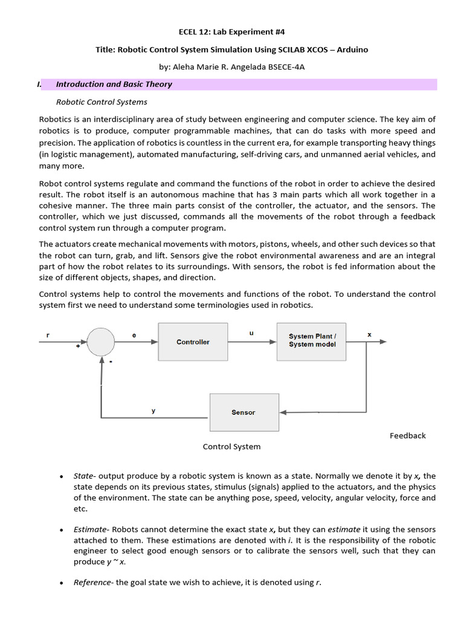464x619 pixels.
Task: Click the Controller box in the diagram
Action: pos(193,342)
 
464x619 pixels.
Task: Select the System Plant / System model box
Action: pos(312,340)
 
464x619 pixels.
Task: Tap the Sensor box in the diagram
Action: pos(243,412)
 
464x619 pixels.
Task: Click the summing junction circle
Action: pos(100,342)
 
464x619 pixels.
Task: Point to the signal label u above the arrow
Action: pos(251,332)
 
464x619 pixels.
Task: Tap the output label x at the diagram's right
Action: pos(369,334)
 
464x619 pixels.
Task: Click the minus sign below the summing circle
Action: pos(111,361)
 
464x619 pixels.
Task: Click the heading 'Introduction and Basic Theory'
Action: pos(114,85)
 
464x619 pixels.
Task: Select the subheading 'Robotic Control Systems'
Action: pos(101,102)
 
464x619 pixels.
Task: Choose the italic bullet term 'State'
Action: pos(84,476)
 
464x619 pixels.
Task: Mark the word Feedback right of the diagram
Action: pos(408,435)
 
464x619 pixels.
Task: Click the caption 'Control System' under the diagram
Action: pos(231,447)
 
